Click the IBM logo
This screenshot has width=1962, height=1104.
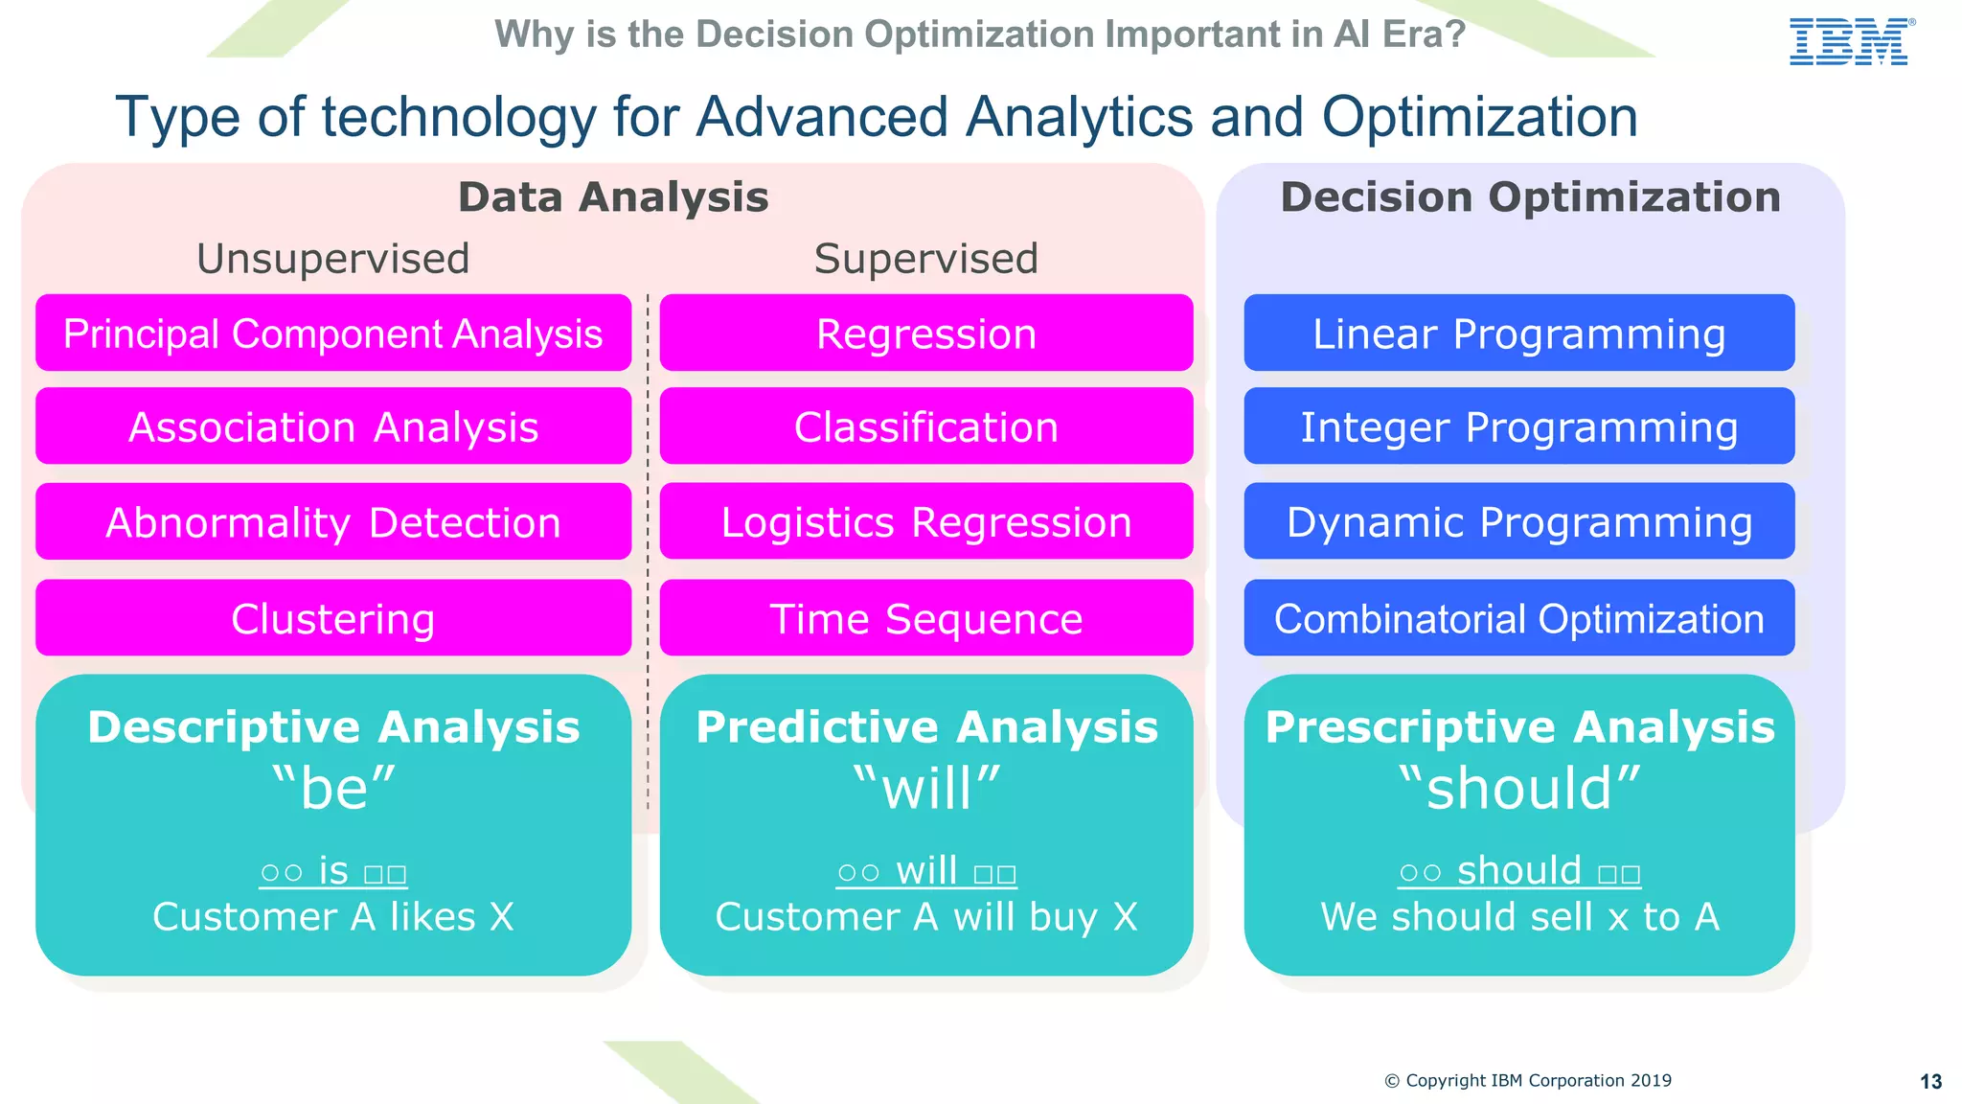1850,42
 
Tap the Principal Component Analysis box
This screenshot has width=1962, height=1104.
333,333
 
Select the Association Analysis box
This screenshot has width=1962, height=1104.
333,426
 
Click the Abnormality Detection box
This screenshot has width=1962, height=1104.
333,522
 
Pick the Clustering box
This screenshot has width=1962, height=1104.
333,618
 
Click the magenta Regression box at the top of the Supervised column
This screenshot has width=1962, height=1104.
925,333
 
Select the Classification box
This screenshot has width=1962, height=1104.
925,426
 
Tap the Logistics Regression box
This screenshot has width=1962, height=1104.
925,522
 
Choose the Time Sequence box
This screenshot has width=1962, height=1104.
925,618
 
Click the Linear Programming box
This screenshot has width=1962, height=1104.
1518,333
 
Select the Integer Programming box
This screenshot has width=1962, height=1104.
1518,426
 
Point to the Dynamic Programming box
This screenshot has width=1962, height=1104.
1518,522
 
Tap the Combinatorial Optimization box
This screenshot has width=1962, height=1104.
1518,618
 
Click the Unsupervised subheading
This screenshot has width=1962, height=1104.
333,259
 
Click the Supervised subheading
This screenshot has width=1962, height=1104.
925,259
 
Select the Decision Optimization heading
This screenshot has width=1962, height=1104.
1530,197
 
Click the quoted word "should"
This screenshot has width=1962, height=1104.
1519,789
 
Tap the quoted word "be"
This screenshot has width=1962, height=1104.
333,789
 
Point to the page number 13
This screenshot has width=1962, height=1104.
1930,1082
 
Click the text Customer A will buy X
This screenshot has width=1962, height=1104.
925,917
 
